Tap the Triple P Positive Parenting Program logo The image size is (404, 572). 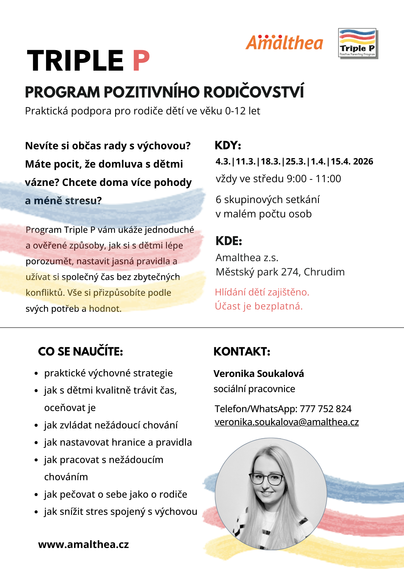(x=358, y=43)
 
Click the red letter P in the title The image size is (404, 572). (x=141, y=61)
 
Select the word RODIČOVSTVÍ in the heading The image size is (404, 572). (x=253, y=92)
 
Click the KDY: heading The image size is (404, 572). (x=228, y=146)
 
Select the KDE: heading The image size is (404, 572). (x=229, y=241)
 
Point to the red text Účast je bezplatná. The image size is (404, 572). (x=259, y=306)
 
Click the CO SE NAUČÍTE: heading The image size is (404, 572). (x=80, y=351)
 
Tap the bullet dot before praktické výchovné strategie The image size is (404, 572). (x=36, y=374)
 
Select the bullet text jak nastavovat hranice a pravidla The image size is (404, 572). (x=118, y=442)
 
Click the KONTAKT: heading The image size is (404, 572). (x=242, y=351)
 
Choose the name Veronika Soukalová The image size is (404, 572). (x=259, y=374)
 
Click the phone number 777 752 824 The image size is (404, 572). (x=325, y=409)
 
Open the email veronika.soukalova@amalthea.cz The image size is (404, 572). (x=287, y=422)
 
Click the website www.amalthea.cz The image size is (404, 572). (x=83, y=544)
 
